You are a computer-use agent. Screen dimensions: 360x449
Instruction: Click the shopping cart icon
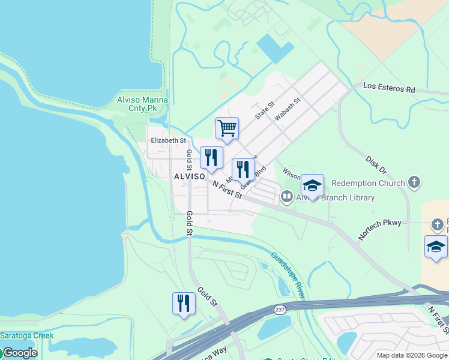227,127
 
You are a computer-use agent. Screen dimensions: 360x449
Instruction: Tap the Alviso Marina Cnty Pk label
142,104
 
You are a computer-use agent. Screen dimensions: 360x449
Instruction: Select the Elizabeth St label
168,140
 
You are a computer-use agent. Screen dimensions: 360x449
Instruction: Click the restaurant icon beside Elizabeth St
211,157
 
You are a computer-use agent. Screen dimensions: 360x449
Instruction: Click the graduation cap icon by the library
312,185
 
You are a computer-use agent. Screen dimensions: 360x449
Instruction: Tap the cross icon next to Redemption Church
413,182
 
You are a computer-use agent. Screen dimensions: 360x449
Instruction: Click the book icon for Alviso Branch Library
287,196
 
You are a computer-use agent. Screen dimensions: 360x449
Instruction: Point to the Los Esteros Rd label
389,89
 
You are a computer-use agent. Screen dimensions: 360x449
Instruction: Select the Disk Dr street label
378,164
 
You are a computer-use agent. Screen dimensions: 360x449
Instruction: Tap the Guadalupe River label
288,275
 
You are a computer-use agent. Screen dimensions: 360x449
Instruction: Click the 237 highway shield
280,310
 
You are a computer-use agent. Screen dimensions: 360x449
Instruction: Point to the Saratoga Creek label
26,335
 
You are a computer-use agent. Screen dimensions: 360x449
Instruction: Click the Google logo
19,353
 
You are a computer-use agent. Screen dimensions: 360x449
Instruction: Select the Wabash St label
287,110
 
